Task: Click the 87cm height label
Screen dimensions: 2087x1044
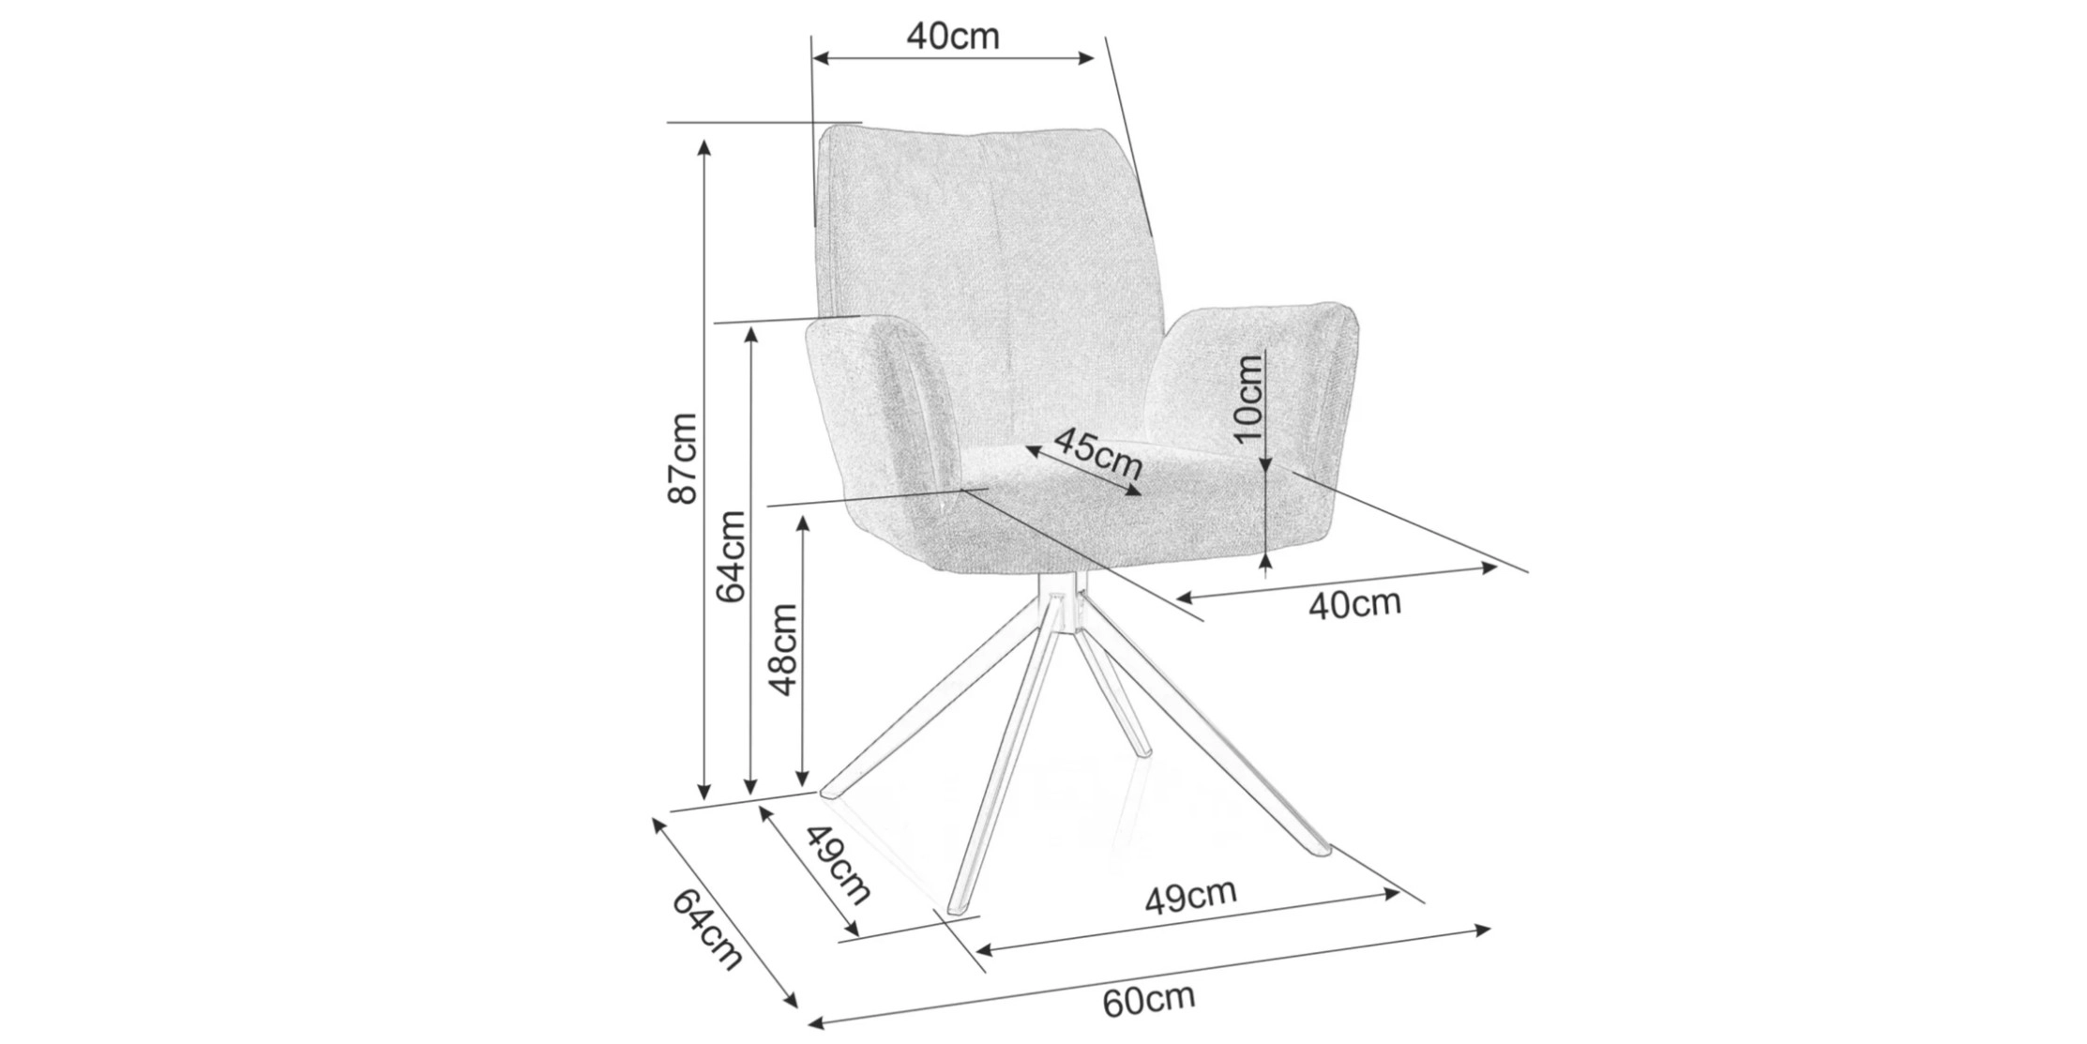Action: [683, 459]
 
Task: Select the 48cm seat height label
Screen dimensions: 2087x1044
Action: [782, 649]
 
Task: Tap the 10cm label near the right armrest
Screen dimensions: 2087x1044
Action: [1248, 399]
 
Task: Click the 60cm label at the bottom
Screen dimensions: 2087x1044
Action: [1148, 1001]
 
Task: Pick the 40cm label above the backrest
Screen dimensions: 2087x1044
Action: [953, 36]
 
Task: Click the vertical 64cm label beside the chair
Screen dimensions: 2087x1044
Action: [730, 556]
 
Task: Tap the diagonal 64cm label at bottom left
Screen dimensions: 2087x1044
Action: [707, 928]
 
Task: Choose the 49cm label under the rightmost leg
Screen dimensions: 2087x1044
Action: [1190, 897]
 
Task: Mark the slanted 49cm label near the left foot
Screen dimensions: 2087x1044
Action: [838, 864]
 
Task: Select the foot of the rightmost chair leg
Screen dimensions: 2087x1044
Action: [1317, 847]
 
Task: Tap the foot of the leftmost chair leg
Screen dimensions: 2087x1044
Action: [831, 792]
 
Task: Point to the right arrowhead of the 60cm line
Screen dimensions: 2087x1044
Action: [1482, 931]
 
